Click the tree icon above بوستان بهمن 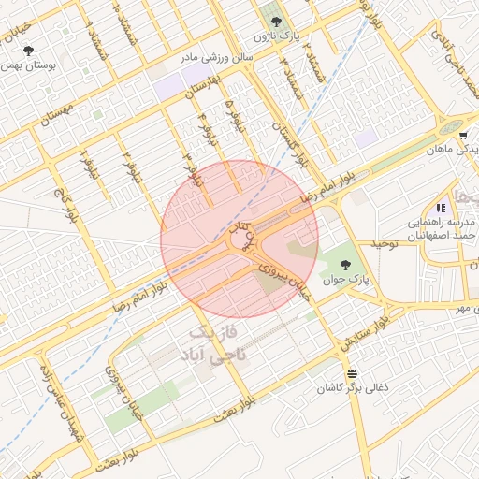point(30,51)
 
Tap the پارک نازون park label point(273,36)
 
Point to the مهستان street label point(57,123)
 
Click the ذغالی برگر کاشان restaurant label point(350,387)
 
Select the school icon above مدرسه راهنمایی point(441,208)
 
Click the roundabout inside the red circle point(241,244)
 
